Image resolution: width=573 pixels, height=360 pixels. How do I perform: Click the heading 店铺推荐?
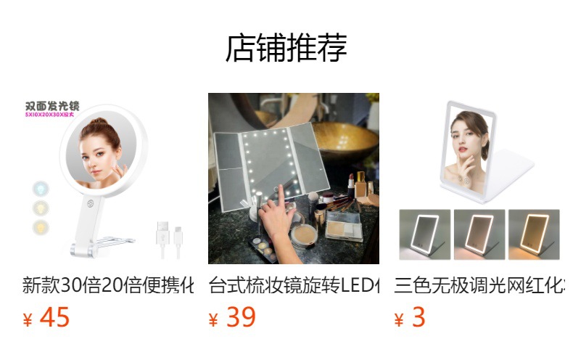coord(286,49)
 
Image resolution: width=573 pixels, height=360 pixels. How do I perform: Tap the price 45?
coord(54,318)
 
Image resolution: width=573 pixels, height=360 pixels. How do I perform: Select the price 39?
coord(241,318)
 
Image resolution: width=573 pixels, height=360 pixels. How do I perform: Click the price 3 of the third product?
coord(419,318)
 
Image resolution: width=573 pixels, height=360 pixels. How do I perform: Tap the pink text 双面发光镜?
coord(51,106)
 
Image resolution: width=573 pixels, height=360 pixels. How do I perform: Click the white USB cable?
coord(169,239)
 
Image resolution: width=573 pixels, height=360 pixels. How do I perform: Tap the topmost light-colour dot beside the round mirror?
coord(39,189)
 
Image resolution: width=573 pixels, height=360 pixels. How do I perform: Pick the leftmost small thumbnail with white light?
coord(425,234)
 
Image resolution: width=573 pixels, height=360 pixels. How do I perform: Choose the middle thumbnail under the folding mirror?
coord(479,234)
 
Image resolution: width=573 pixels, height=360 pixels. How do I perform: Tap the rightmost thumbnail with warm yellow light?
coord(533,234)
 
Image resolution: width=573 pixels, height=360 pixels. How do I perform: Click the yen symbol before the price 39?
coord(214,320)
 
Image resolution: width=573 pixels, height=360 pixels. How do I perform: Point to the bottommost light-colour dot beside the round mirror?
coord(39,228)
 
